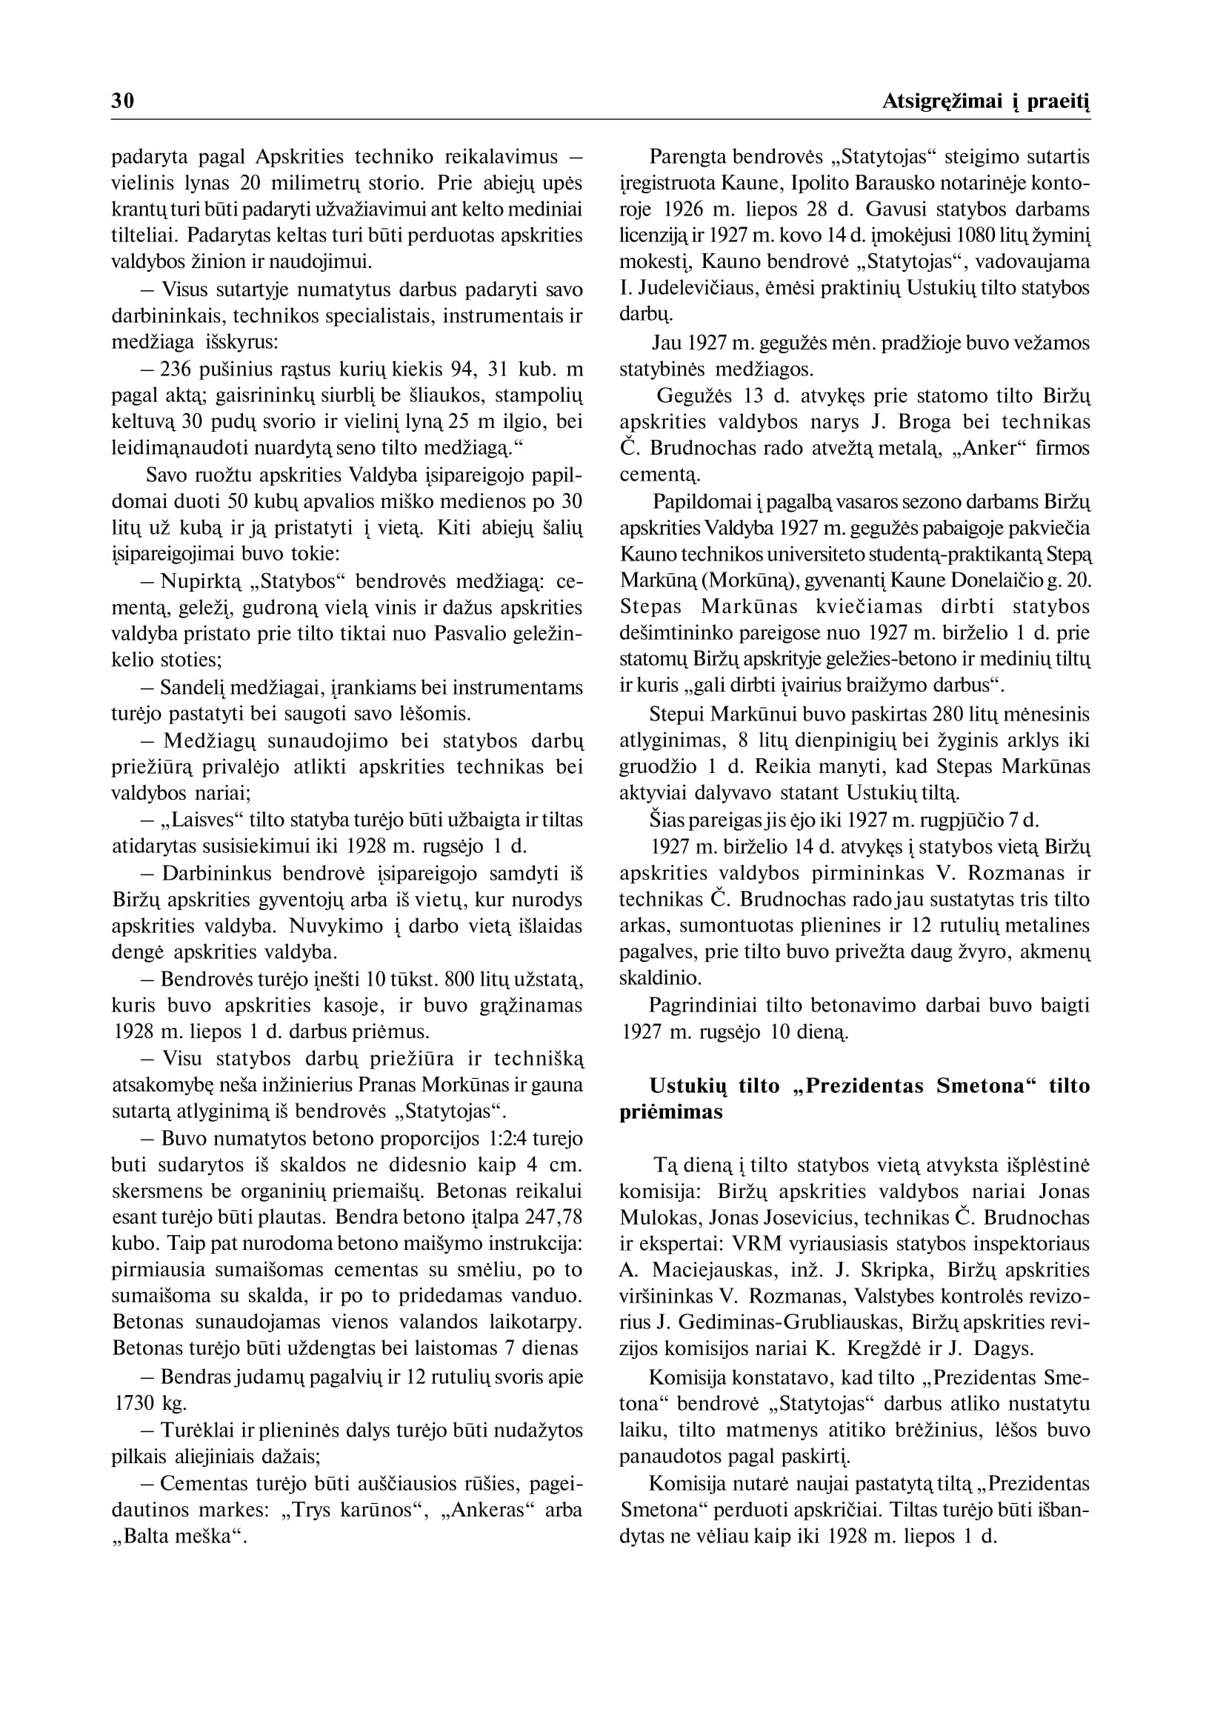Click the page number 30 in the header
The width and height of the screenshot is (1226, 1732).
click(123, 101)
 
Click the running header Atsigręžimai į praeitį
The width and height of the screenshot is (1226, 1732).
click(986, 102)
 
